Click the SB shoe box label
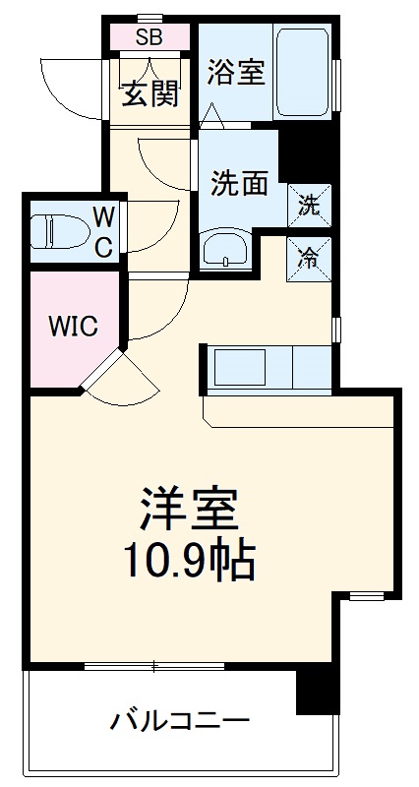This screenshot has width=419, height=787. click(150, 38)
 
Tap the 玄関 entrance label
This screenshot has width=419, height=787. click(150, 94)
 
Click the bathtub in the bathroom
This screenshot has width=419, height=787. click(302, 72)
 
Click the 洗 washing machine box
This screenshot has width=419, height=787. click(309, 207)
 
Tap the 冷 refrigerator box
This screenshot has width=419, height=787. click(309, 258)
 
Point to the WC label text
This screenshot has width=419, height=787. click(103, 232)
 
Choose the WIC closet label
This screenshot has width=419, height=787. click(74, 327)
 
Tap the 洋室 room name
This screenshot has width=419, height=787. click(187, 510)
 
